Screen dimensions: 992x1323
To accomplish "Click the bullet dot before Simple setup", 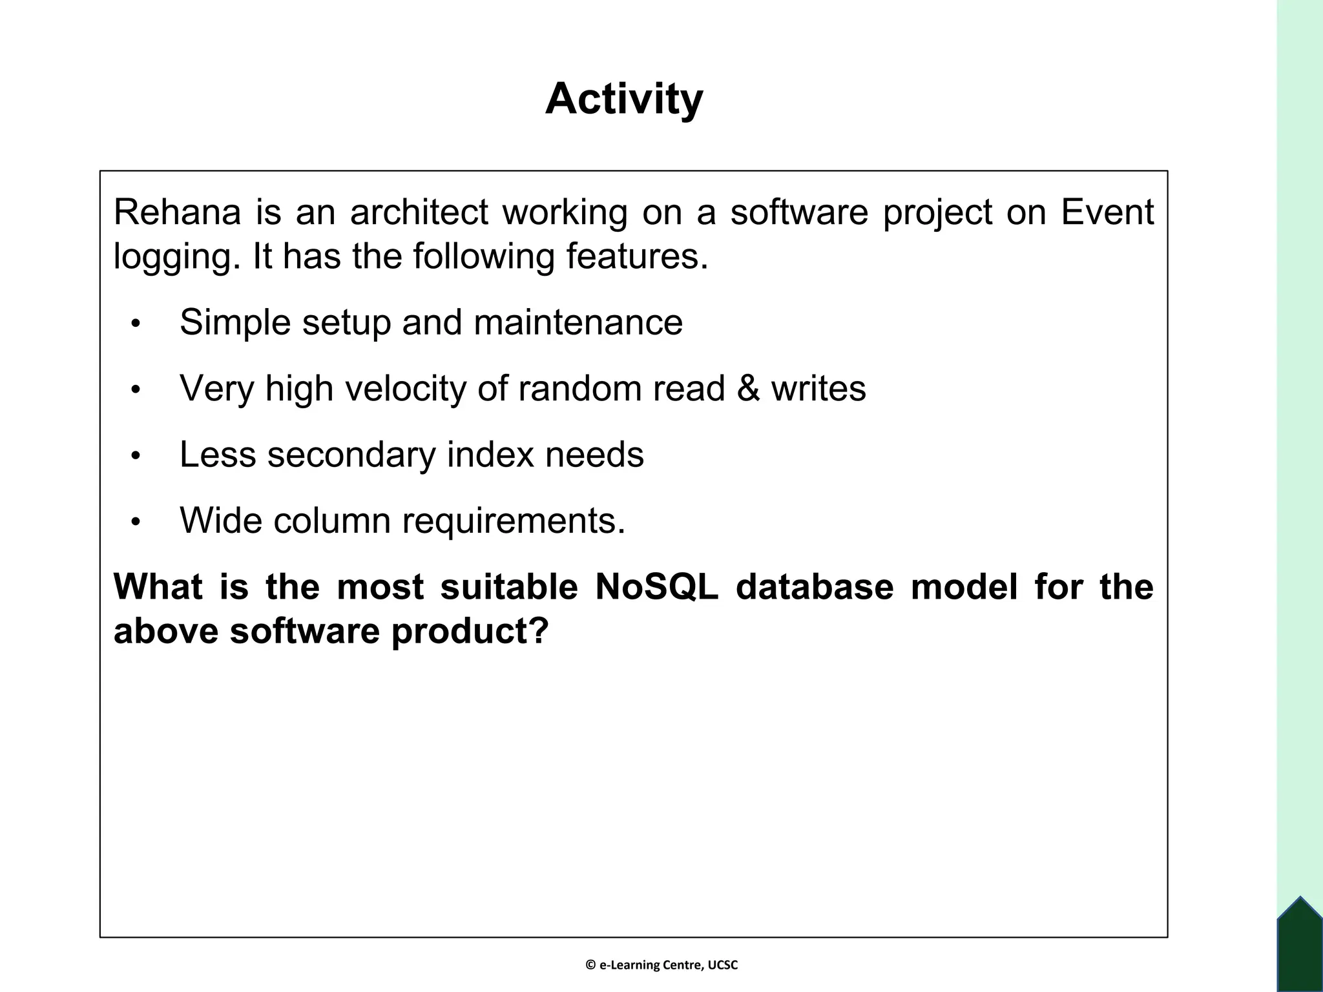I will (x=135, y=324).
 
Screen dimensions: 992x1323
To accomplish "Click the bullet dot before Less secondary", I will (x=135, y=456).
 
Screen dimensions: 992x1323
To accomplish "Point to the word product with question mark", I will (x=470, y=630).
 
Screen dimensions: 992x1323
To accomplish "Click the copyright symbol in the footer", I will (x=590, y=966).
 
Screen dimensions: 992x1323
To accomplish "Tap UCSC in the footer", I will (x=722, y=966).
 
